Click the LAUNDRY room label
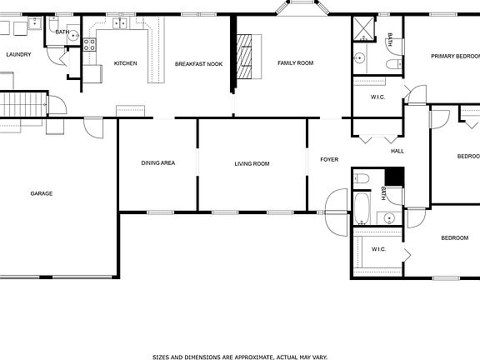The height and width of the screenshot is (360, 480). pyautogui.click(x=18, y=54)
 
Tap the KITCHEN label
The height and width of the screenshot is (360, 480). pyautogui.click(x=125, y=63)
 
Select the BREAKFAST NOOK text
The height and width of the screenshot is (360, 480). pyautogui.click(x=198, y=63)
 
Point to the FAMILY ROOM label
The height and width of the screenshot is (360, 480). pyautogui.click(x=295, y=62)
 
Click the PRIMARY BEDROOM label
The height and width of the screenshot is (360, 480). pyautogui.click(x=455, y=56)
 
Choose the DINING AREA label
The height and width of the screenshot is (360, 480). pyautogui.click(x=157, y=162)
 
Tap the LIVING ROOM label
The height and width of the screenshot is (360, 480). pyautogui.click(x=252, y=163)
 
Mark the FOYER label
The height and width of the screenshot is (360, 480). pyautogui.click(x=329, y=159)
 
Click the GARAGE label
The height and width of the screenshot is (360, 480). pyautogui.click(x=42, y=193)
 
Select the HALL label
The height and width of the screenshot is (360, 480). pyautogui.click(x=397, y=151)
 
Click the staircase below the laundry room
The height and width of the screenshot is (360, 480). pyautogui.click(x=22, y=105)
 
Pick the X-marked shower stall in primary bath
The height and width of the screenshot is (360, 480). pyautogui.click(x=364, y=28)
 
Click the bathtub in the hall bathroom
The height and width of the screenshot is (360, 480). pyautogui.click(x=362, y=208)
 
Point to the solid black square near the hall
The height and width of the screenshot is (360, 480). pyautogui.click(x=394, y=177)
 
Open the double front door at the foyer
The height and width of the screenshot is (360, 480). pyautogui.click(x=336, y=212)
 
